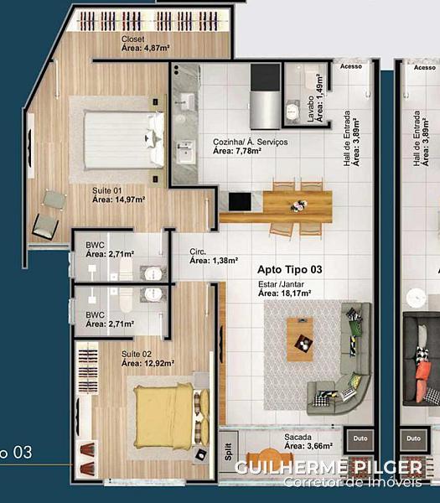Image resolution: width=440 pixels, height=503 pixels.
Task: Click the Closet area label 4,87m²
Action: (145, 44)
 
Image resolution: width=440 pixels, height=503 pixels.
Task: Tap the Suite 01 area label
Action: (119, 195)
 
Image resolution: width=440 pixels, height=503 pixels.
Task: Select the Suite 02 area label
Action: (148, 359)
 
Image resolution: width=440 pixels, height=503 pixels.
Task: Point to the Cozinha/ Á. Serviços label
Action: (250, 146)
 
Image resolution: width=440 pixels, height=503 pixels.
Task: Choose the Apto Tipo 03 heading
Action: (290, 269)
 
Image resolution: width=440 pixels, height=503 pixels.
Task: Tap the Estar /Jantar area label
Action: (284, 288)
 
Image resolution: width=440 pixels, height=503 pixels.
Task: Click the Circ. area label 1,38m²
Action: (214, 256)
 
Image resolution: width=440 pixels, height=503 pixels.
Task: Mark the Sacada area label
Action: (308, 442)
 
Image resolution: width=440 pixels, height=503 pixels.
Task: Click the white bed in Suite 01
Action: (124, 140)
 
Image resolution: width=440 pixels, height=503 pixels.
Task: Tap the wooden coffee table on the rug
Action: (300, 340)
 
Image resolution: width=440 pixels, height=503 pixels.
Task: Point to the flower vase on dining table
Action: (298, 205)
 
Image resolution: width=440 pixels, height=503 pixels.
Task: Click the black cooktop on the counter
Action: (240, 202)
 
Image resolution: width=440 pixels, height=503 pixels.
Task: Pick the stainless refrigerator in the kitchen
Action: (265, 109)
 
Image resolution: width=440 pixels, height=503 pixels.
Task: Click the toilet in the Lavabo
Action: (292, 111)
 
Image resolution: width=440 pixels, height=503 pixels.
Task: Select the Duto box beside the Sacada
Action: (360, 438)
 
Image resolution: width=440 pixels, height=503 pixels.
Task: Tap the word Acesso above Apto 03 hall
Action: (351, 66)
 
